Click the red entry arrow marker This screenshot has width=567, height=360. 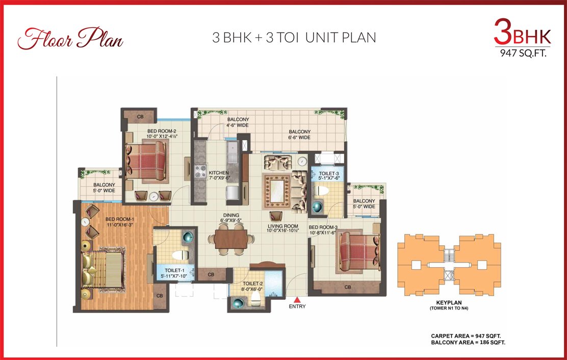tap(297, 300)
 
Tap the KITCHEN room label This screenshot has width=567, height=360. tap(219, 173)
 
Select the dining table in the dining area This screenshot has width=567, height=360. tap(230, 239)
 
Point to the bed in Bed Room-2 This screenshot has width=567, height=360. tap(146, 160)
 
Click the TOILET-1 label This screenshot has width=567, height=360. tap(175, 270)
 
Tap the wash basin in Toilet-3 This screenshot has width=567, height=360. tap(318, 207)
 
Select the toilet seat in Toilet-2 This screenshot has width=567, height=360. tap(255, 298)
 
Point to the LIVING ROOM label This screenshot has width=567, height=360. tap(283, 226)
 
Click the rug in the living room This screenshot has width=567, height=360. tap(277, 191)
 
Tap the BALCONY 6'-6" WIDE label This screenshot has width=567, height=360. tap(299, 135)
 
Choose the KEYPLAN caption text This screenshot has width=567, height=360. tap(449, 302)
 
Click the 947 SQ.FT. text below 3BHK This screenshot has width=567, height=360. tap(523, 53)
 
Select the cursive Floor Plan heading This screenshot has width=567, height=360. tap(70, 38)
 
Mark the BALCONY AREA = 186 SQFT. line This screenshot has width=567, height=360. tap(468, 342)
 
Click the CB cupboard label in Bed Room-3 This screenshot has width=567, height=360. tap(348, 287)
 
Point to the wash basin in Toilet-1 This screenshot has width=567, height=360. tap(188, 237)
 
